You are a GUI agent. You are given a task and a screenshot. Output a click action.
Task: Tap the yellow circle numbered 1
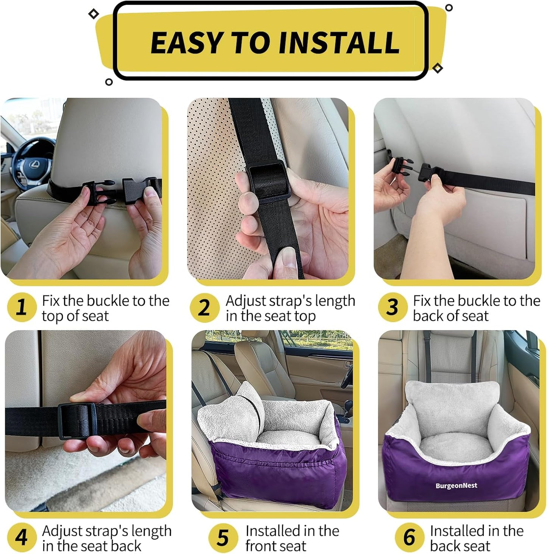pos(22,307)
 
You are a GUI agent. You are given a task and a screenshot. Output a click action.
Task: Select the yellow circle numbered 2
pos(204,307)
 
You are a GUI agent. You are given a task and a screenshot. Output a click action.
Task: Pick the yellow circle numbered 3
pos(392,307)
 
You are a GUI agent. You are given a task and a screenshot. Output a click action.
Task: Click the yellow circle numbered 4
pos(22,537)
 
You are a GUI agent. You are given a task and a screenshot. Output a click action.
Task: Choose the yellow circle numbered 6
pos(409,537)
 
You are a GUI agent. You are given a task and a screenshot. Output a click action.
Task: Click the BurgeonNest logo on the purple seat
pos(456,486)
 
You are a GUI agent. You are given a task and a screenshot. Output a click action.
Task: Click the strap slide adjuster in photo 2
pos(268,181)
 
